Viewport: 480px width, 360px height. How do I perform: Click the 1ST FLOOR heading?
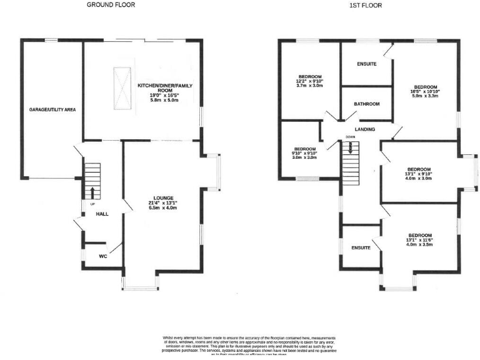click(366, 5)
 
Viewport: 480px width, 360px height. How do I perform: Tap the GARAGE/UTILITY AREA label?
click(52, 109)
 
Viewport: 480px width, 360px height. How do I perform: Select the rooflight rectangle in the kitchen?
click(122, 88)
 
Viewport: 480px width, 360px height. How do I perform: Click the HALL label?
click(102, 214)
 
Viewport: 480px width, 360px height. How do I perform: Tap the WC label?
click(103, 256)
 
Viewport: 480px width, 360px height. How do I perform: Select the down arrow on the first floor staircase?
click(352, 147)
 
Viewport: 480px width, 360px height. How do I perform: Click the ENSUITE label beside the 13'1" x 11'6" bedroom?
click(361, 247)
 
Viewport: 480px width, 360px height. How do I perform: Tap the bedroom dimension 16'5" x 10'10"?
click(426, 92)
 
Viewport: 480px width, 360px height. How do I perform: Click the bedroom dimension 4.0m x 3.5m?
click(419, 244)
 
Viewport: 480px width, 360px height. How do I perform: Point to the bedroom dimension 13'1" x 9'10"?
click(419, 174)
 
